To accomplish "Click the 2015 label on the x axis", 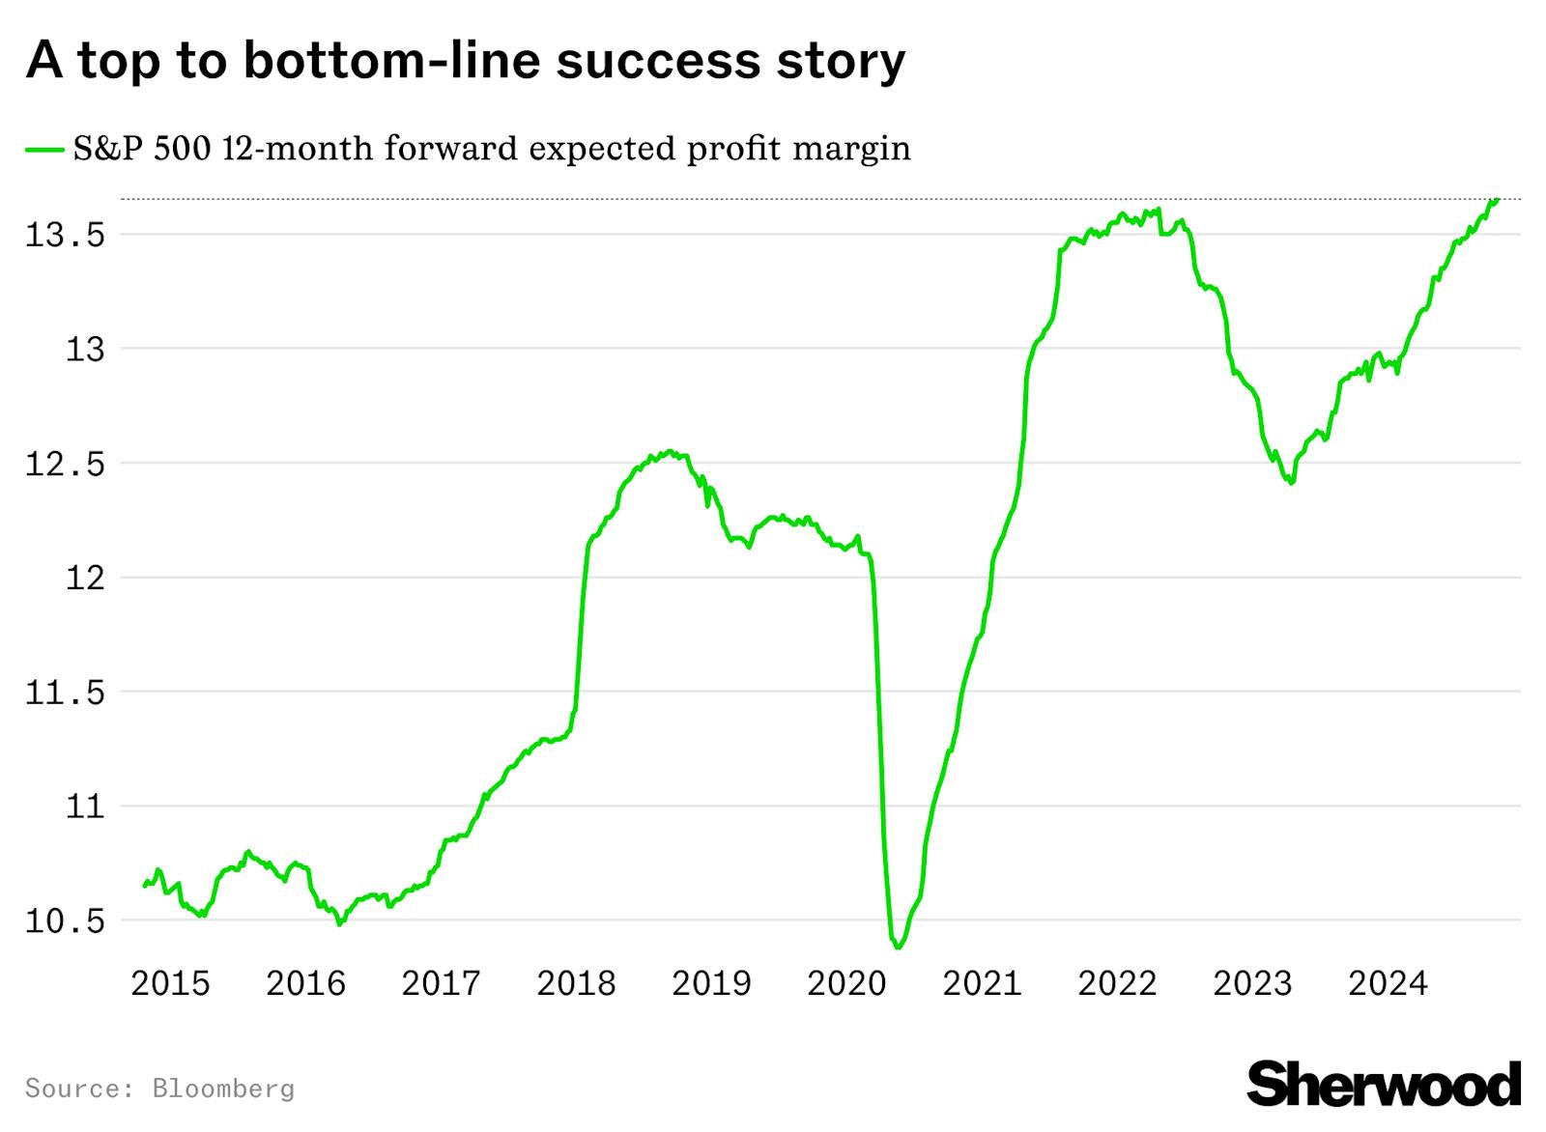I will coord(170,983).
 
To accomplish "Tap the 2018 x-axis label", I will coord(576,983).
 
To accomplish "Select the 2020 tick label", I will coord(846,983).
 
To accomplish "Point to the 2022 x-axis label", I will coord(1117,983).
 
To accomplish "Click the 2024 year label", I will coord(1388,983).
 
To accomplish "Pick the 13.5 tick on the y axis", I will coord(65,235).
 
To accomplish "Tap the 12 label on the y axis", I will coord(85,578).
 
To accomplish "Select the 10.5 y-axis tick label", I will coord(65,921).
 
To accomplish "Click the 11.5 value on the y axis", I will coord(65,693).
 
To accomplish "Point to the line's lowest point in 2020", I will coord(898,947).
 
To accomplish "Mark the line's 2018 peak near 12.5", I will coord(669,451).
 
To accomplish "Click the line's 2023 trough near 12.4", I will coord(1291,482).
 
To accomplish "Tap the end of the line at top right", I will coord(1496,200).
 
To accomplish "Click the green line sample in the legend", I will coord(45,150).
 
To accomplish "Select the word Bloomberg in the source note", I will coord(223,1089).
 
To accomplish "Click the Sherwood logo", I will coord(1384,1084).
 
